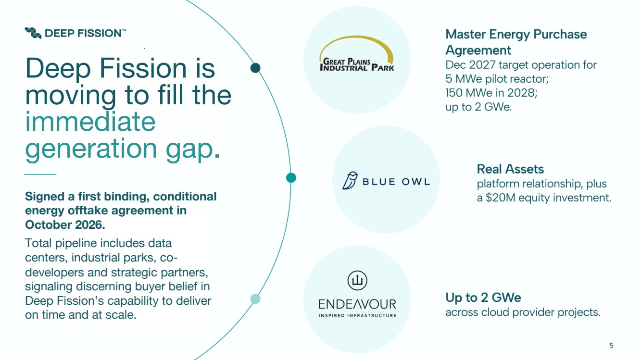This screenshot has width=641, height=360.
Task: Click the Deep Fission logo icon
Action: [x=33, y=33]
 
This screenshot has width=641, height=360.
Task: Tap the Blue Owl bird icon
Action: [x=350, y=180]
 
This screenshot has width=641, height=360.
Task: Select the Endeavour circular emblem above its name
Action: [x=357, y=280]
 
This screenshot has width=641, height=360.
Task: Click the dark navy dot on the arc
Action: [x=255, y=68]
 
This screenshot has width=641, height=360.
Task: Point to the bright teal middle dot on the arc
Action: [x=291, y=177]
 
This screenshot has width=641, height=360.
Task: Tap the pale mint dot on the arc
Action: [x=255, y=299]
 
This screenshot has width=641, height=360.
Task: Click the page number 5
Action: [x=611, y=346]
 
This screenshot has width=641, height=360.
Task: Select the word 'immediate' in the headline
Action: [x=90, y=122]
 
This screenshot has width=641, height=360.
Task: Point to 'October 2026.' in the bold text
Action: [x=65, y=225]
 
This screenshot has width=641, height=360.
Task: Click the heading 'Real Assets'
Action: [x=510, y=169]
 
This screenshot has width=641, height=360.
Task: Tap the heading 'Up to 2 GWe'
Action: [x=483, y=298]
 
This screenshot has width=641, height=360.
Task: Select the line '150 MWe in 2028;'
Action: [x=491, y=93]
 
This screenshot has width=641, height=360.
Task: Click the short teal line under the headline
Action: [x=40, y=174]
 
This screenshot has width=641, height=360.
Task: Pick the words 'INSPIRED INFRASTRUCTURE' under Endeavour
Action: [x=357, y=315]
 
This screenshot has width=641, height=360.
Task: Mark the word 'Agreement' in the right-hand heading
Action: [x=478, y=50]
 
